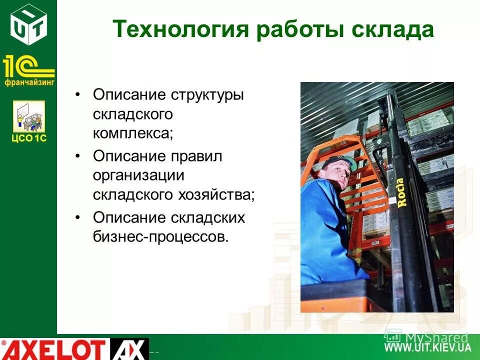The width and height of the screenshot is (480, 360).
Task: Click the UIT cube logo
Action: tap(29, 23)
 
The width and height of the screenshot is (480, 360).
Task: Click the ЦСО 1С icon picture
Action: tap(29, 116)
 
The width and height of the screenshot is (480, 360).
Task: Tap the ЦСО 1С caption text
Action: tap(29, 138)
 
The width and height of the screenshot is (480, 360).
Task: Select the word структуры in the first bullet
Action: tap(208, 95)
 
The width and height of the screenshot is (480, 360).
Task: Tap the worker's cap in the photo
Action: tap(338, 162)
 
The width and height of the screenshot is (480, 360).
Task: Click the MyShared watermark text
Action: tap(435, 337)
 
